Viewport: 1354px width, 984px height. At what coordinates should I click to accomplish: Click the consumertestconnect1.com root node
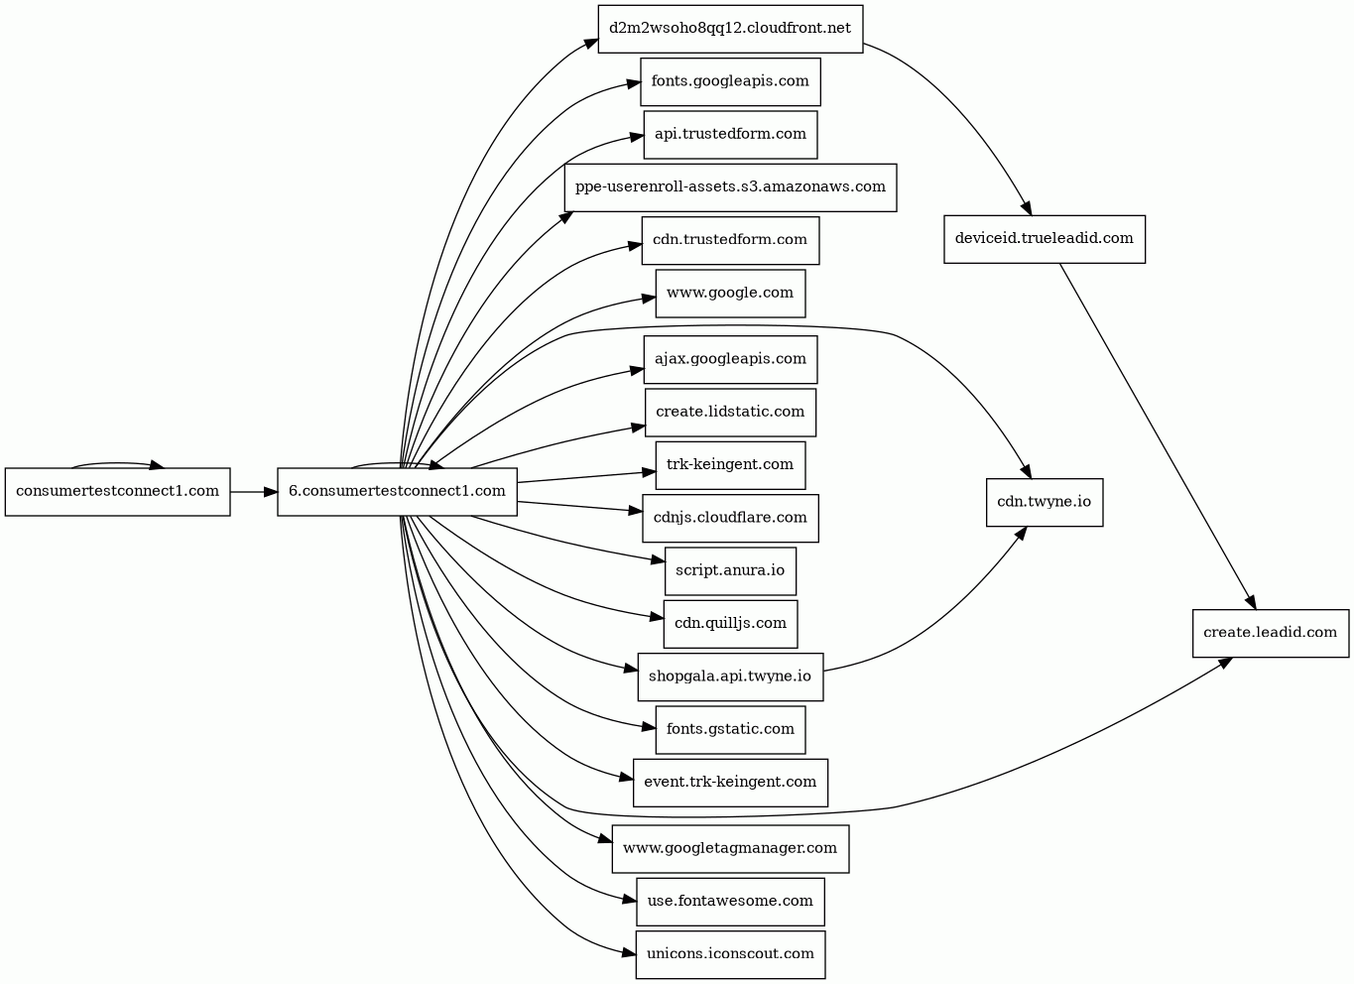[117, 491]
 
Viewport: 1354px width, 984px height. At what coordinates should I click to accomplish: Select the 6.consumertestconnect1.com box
[397, 491]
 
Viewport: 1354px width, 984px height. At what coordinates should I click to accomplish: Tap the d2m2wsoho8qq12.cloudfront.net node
[730, 29]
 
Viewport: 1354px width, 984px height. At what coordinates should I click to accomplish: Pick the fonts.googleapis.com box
[730, 81]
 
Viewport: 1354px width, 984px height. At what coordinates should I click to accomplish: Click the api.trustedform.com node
[730, 135]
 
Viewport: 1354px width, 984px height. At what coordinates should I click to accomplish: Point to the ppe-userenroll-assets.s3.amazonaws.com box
[730, 187]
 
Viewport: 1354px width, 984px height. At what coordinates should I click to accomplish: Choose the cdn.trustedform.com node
[730, 241]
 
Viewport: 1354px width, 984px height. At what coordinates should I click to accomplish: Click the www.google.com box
[730, 294]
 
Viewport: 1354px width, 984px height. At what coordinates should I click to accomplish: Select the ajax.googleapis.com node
[730, 360]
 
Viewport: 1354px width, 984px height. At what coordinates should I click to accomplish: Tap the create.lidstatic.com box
[730, 413]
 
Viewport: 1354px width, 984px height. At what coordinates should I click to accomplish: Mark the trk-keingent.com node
[730, 465]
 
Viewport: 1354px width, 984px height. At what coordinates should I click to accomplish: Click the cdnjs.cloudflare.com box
[730, 518]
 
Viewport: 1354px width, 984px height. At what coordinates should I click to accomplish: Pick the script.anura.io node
[730, 571]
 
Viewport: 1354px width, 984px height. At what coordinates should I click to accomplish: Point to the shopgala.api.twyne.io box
[730, 676]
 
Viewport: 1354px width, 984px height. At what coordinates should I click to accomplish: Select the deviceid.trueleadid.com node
[1045, 239]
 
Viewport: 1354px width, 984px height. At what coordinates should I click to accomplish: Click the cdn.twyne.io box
[1045, 503]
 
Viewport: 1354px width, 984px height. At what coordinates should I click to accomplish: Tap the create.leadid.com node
[1271, 634]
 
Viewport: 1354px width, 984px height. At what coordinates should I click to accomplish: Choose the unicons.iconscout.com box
[730, 955]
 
